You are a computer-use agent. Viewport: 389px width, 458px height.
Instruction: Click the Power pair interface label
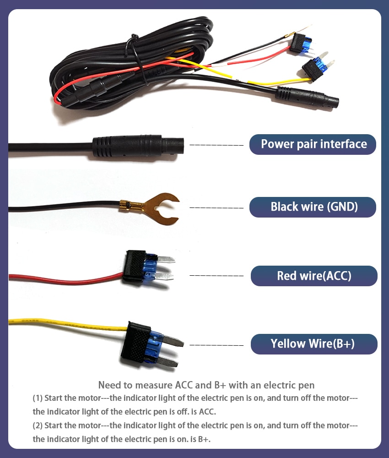click(x=313, y=144)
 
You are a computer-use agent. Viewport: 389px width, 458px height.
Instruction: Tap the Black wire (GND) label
click(x=313, y=207)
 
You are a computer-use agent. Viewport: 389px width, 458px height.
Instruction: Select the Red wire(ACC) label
click(x=314, y=276)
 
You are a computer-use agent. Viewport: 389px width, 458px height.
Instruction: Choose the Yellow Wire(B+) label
click(x=314, y=344)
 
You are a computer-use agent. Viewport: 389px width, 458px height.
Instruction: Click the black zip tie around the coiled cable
click(x=136, y=59)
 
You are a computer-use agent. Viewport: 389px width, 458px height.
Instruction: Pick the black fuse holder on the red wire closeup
click(x=135, y=266)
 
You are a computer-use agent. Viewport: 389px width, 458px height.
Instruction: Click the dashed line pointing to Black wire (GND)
click(x=216, y=207)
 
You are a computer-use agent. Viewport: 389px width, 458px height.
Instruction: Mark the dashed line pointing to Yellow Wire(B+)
click(x=216, y=345)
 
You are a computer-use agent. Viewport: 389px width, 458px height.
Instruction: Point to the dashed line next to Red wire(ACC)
click(x=216, y=275)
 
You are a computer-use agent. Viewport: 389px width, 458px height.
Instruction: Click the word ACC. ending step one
click(x=207, y=412)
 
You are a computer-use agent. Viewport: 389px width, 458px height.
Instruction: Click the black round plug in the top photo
click(x=307, y=97)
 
